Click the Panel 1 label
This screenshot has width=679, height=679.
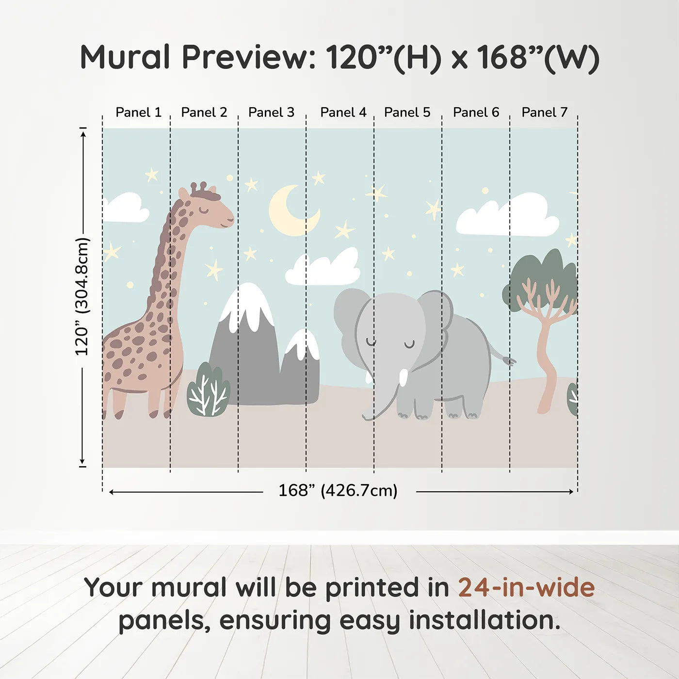click(138, 113)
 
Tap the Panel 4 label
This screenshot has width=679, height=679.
click(343, 113)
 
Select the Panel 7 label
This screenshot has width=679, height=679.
click(544, 113)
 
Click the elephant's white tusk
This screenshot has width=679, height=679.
click(403, 377)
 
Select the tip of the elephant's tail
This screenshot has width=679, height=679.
click(509, 361)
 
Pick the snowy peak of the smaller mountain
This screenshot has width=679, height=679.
click(304, 344)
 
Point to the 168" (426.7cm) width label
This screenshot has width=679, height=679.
click(338, 491)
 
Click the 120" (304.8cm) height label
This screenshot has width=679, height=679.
click(82, 296)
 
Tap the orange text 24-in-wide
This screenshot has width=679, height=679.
click(526, 588)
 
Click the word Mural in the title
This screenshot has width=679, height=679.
click(125, 57)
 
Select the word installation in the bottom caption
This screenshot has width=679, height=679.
click(484, 621)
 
